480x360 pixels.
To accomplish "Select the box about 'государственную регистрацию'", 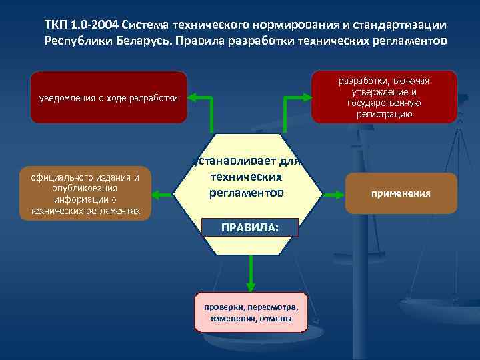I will pyautogui.click(x=383, y=97).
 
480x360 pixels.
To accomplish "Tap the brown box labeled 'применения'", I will pyautogui.click(x=401, y=193).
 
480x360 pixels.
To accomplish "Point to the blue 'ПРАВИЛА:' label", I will pyautogui.click(x=250, y=227).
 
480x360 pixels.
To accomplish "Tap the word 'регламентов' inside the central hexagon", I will pyautogui.click(x=247, y=193).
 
